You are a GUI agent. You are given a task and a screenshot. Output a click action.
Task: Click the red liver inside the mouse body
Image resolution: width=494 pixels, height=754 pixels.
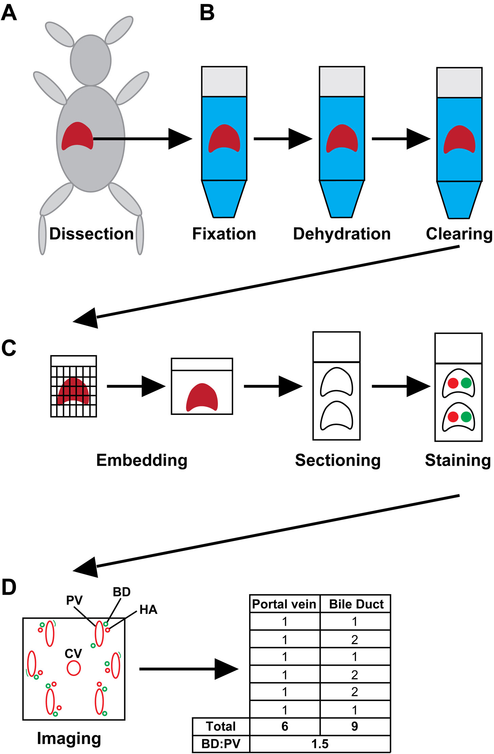pos(77,136)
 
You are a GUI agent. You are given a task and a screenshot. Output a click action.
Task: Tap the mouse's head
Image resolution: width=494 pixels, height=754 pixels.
pos(91,60)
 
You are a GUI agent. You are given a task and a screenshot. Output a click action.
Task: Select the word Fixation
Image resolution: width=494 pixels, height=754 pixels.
pos(224,234)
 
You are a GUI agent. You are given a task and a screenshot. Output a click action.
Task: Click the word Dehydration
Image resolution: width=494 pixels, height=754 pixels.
pos(342,234)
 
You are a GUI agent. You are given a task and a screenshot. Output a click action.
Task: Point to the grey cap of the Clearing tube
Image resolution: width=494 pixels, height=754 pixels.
pos(459,82)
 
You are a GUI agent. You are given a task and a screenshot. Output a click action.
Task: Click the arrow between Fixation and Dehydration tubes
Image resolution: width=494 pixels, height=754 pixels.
pos(283,139)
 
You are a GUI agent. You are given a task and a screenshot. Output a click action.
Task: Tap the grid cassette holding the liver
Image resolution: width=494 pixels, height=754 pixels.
pos(74,386)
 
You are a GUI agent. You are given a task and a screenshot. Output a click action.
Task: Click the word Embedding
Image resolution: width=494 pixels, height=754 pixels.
pos(142,460)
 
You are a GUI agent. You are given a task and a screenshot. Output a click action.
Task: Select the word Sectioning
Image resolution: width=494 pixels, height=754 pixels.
pos(338,460)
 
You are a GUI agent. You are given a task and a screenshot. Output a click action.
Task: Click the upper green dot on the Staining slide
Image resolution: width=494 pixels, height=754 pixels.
pos(466,383)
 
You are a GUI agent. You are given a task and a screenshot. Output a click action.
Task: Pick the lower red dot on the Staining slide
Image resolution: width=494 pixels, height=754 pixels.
pos(453,417)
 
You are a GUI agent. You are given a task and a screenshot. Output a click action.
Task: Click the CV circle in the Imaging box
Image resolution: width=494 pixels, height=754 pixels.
pos(74,668)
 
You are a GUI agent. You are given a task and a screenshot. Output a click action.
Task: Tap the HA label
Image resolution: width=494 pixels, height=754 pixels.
pos(148,610)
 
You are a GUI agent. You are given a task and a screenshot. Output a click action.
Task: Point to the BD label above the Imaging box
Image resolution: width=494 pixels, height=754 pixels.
pos(121,592)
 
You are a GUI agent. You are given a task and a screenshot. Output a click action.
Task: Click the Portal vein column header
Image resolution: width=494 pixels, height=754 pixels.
pos(284,604)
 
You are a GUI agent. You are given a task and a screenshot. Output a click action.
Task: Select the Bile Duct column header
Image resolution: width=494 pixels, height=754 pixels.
pos(356,604)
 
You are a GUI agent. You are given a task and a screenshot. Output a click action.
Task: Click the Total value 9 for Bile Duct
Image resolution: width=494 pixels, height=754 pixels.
pos(355,726)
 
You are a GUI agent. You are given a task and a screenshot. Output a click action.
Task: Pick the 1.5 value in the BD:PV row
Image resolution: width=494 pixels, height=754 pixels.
pos(320,744)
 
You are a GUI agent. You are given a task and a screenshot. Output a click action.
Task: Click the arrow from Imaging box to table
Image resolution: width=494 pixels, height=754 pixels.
pos(189,669)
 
